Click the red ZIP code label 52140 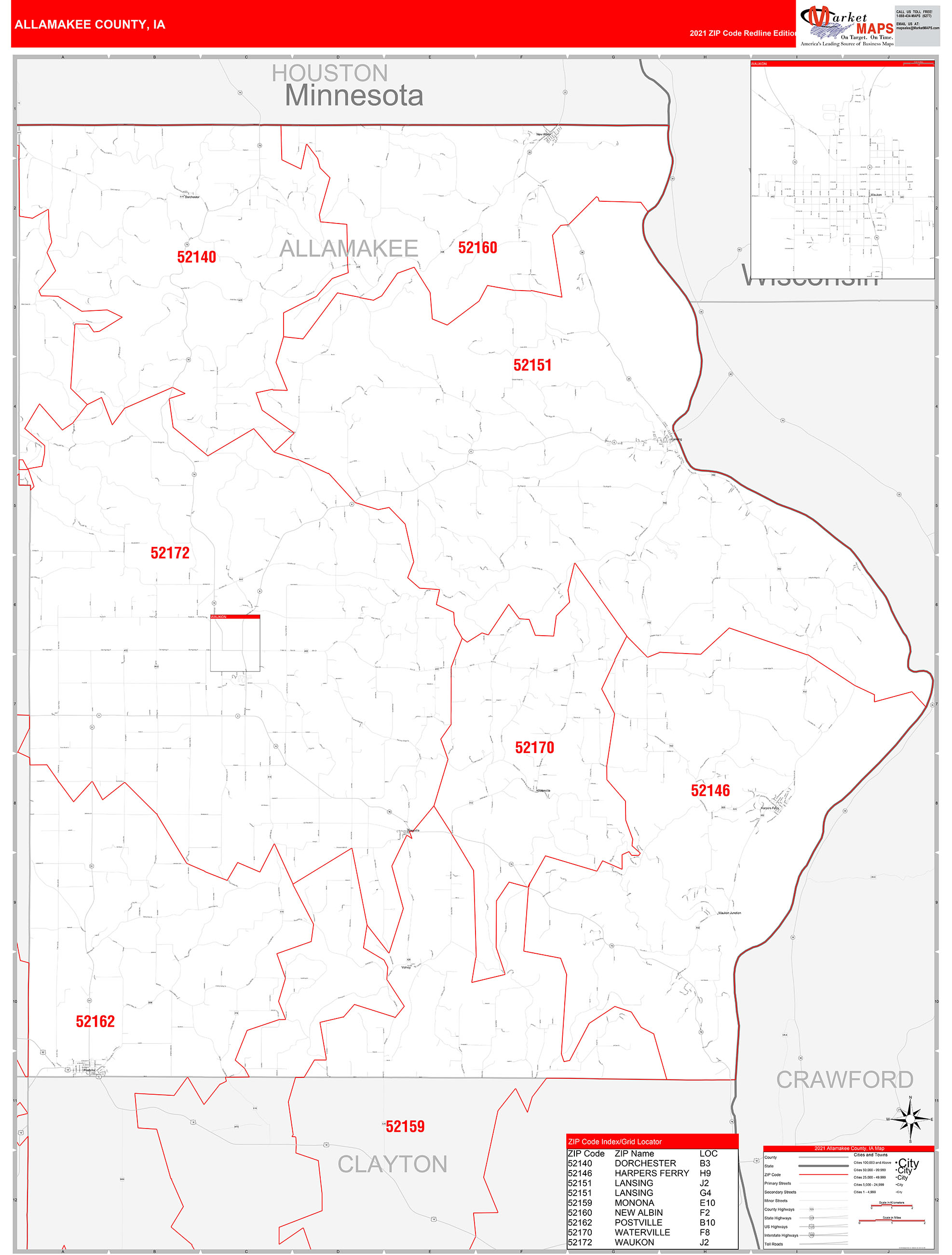[196, 257]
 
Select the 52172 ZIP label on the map [170, 553]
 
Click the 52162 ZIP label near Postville [95, 1021]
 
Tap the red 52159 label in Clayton [405, 1126]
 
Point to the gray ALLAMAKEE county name [349, 249]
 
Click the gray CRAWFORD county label [844, 1080]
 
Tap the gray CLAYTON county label [393, 1164]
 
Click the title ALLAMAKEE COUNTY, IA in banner [90, 25]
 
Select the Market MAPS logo [846, 26]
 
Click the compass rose [910, 1119]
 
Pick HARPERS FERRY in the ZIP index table [652, 1173]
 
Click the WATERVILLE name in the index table [642, 1232]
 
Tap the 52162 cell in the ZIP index [580, 1223]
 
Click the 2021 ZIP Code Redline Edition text [743, 33]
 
